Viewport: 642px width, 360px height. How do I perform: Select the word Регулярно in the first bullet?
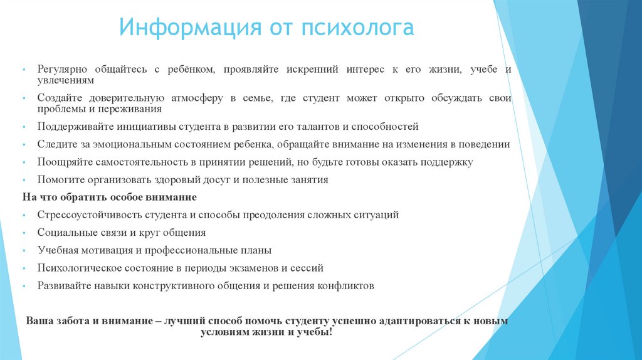click(x=61, y=70)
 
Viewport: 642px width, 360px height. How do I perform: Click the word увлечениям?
click(x=65, y=80)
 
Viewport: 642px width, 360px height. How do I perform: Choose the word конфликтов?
click(x=347, y=285)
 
